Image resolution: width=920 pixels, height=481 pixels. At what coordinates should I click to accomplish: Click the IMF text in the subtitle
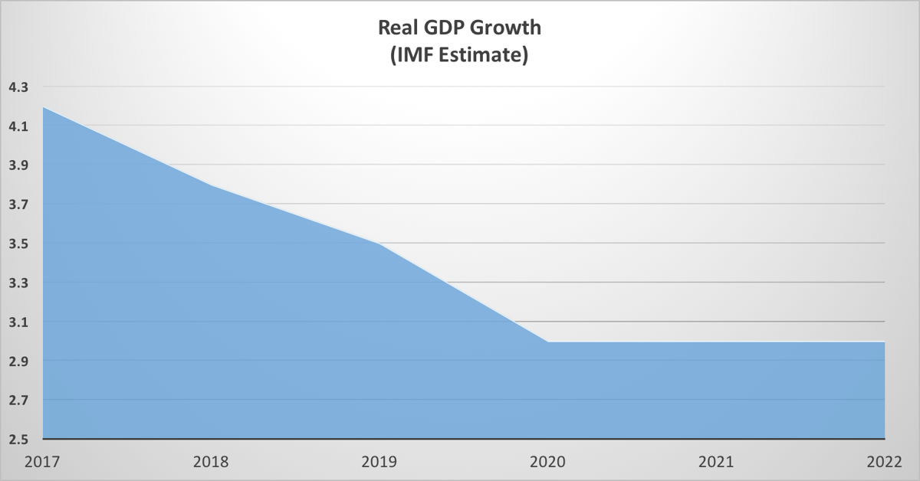pyautogui.click(x=415, y=56)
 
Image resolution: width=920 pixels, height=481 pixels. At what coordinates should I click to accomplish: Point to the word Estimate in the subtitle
pyautogui.click(x=484, y=56)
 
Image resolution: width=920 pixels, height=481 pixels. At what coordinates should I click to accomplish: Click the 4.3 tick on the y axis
pyautogui.click(x=18, y=87)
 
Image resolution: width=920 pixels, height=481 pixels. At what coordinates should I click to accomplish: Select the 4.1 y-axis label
pyautogui.click(x=18, y=126)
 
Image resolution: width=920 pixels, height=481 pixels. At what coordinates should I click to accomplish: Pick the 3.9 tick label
pyautogui.click(x=18, y=165)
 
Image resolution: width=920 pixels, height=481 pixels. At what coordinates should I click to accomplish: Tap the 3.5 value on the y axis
pyautogui.click(x=18, y=244)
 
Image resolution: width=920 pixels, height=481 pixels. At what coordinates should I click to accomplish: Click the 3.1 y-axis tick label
pyautogui.click(x=18, y=322)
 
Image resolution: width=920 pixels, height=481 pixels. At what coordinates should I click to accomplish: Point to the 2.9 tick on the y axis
pyautogui.click(x=18, y=362)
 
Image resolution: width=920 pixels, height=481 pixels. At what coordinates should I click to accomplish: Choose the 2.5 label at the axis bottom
pyautogui.click(x=18, y=440)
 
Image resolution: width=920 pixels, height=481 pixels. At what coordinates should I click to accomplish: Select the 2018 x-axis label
pyautogui.click(x=211, y=462)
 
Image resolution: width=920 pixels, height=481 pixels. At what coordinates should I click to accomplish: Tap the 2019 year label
pyautogui.click(x=379, y=462)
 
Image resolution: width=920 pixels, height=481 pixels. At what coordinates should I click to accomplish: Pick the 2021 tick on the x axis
pyautogui.click(x=717, y=462)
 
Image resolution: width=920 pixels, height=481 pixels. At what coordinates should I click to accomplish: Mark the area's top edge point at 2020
pyautogui.click(x=549, y=342)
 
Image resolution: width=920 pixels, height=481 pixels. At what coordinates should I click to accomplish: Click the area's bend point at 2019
pyautogui.click(x=380, y=244)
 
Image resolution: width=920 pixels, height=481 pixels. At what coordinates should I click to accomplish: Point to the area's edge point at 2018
pyautogui.click(x=212, y=185)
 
